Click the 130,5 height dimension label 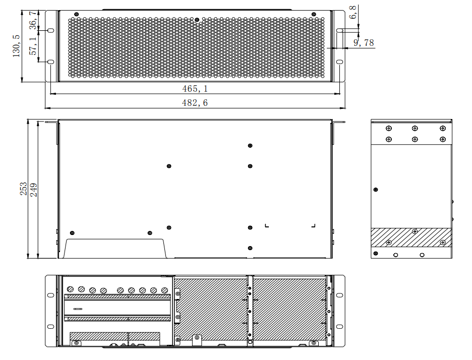17,46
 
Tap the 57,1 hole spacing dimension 33,46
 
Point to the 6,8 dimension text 353,12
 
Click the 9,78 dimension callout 364,43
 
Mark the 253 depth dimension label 24,190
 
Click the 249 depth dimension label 34,190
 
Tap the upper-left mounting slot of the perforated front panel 50,31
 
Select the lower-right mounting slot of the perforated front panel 340,62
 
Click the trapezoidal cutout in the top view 116,248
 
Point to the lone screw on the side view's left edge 375,190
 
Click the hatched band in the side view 411,237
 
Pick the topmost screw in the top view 250,146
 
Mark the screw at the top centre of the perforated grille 197,21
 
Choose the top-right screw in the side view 442,129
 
